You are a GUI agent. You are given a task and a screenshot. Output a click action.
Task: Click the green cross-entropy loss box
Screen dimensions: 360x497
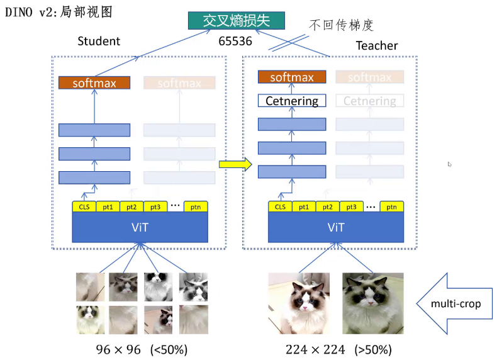click(236, 20)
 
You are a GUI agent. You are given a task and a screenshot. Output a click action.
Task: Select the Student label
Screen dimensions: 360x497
click(99, 42)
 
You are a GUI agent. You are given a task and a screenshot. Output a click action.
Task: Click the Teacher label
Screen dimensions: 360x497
click(377, 45)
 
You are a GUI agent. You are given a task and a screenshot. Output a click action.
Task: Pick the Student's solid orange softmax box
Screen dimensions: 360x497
click(94, 82)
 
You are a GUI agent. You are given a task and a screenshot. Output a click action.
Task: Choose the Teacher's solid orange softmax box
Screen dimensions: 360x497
click(292, 77)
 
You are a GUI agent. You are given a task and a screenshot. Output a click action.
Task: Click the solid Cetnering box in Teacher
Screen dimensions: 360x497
click(292, 101)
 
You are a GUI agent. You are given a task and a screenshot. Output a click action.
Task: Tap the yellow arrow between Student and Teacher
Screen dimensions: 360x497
click(235, 164)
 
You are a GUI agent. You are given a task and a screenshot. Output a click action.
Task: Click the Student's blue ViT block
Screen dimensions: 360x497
click(140, 227)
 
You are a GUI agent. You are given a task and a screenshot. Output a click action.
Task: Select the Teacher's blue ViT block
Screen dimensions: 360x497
click(336, 227)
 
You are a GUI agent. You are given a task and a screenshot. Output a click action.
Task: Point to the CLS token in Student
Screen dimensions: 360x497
click(84, 206)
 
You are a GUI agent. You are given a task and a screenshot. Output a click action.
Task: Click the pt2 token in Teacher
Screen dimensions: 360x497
click(327, 206)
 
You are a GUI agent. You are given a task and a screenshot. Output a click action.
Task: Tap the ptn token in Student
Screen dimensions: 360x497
click(196, 206)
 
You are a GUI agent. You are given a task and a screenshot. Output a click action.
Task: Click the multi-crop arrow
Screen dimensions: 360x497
click(451, 304)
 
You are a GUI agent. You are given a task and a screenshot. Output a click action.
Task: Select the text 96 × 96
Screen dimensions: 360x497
click(118, 349)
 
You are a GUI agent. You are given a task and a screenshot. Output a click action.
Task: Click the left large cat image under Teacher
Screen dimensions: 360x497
click(299, 303)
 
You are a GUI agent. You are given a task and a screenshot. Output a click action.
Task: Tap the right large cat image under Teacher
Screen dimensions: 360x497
click(372, 303)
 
